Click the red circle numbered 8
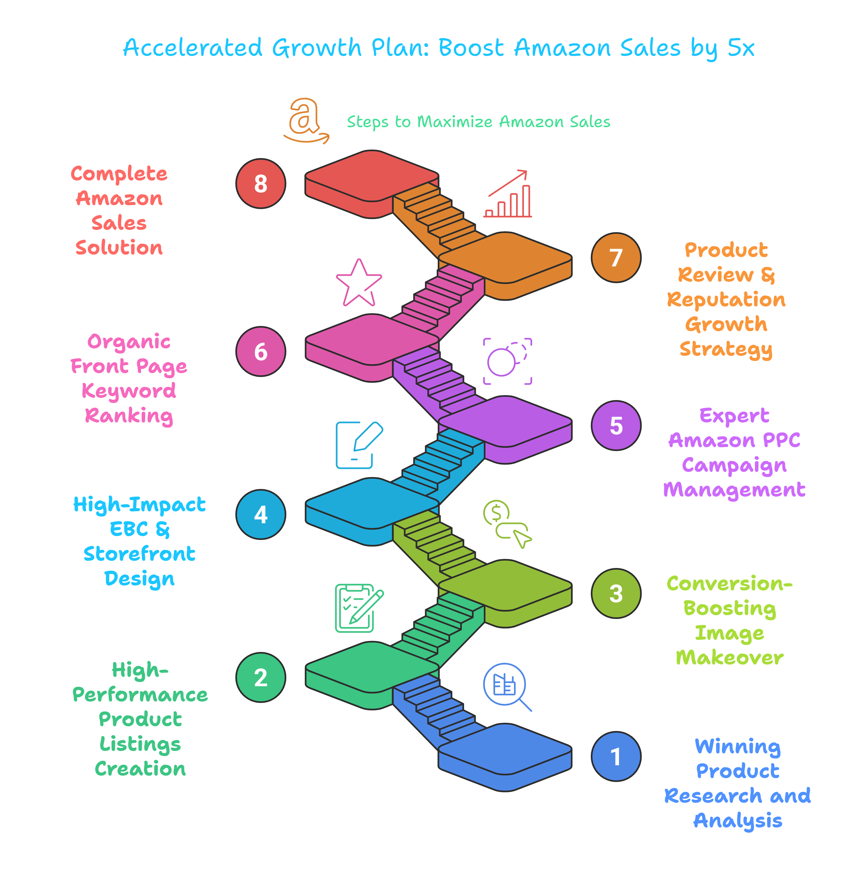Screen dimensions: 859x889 [261, 184]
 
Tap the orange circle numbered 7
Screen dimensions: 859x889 [616, 258]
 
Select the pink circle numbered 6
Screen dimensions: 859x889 [261, 351]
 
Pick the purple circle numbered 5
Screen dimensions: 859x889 [616, 426]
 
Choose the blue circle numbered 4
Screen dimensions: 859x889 [261, 514]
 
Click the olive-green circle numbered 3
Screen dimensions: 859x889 [616, 593]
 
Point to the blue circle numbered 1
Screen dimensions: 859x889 [616, 756]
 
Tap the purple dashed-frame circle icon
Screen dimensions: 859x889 [507, 361]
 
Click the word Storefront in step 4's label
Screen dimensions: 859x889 [139, 554]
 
